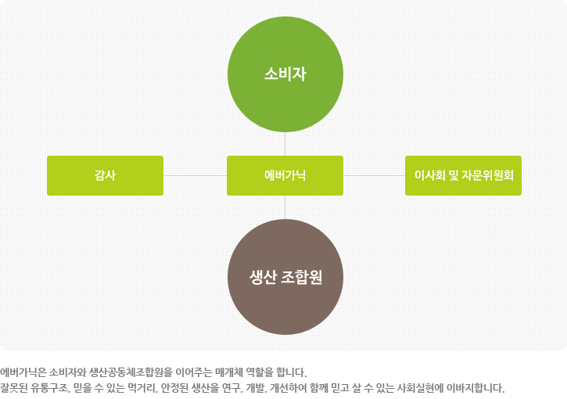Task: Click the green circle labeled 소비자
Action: pos(285,74)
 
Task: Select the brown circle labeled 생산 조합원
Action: pos(285,277)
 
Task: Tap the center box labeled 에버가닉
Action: pos(285,175)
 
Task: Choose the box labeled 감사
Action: pos(106,175)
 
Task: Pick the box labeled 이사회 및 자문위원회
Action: pos(463,175)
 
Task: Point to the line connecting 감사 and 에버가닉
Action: pos(196,175)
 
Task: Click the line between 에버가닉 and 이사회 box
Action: pos(374,175)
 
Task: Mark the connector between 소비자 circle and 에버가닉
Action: pos(285,144)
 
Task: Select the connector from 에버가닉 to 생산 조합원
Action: pos(285,207)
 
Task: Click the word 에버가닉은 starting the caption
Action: pos(23,372)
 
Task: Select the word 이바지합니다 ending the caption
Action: pos(475,388)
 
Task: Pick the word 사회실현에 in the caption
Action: pos(420,388)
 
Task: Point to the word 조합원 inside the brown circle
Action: pos(301,277)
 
